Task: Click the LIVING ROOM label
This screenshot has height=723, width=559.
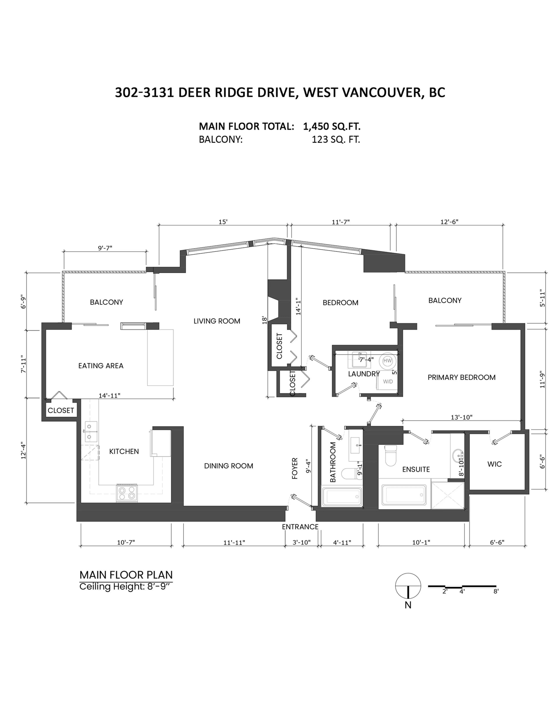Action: tap(217, 321)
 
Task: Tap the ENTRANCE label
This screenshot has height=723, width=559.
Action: tap(300, 526)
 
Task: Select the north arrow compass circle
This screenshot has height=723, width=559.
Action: tap(408, 586)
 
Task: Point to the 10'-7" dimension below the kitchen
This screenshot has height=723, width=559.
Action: tap(126, 542)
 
